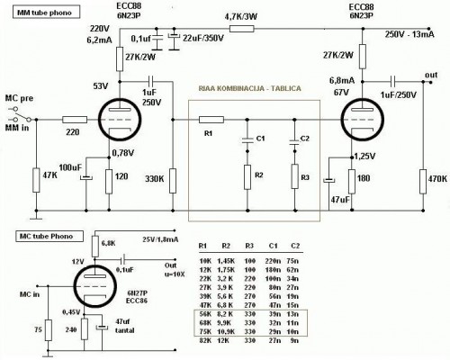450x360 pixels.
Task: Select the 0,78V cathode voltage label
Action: click(121, 152)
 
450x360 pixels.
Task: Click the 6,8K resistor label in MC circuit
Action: click(110, 243)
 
